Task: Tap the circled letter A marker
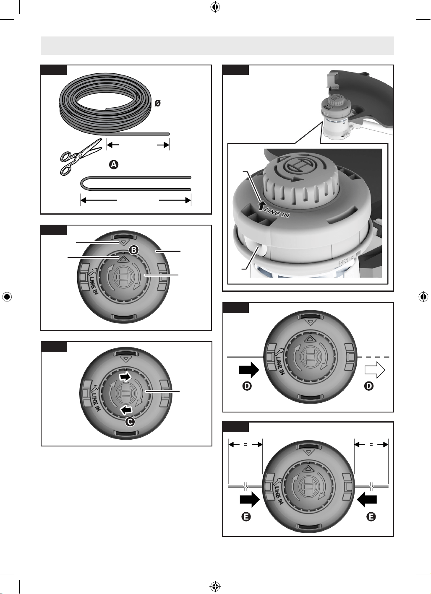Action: pyautogui.click(x=114, y=165)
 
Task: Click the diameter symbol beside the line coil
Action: pyautogui.click(x=157, y=103)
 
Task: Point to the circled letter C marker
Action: pyautogui.click(x=130, y=421)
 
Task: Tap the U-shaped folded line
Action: pyautogui.click(x=136, y=183)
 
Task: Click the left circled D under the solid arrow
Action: pyautogui.click(x=247, y=386)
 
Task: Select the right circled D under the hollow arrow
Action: pyautogui.click(x=369, y=386)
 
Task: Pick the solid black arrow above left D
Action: pyautogui.click(x=249, y=370)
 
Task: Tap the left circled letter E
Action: pyautogui.click(x=246, y=516)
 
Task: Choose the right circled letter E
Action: pyautogui.click(x=371, y=516)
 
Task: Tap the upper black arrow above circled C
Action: pyautogui.click(x=125, y=377)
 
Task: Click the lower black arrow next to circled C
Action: pyautogui.click(x=126, y=410)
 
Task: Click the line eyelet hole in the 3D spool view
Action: pyautogui.click(x=261, y=250)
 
